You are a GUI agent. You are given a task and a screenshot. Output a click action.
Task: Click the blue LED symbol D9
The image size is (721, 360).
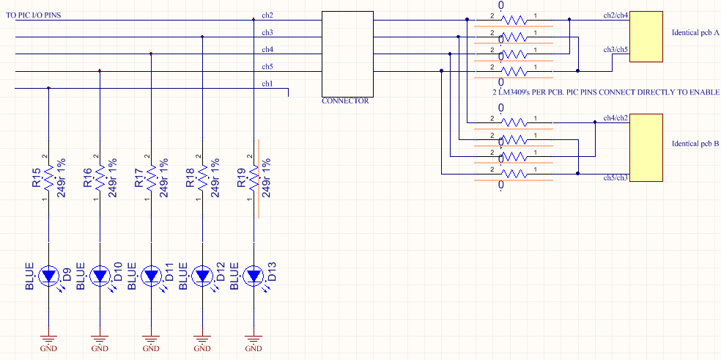(x=49, y=276)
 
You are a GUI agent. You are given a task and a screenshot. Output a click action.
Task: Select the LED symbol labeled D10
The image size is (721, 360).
(x=100, y=276)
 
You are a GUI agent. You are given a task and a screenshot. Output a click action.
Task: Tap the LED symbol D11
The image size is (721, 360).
(x=152, y=276)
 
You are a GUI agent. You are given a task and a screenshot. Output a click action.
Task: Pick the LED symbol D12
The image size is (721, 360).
(x=203, y=276)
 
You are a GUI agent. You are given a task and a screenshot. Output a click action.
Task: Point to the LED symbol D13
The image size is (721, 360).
(x=254, y=276)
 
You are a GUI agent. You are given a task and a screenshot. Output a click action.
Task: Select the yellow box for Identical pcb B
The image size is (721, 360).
(x=645, y=147)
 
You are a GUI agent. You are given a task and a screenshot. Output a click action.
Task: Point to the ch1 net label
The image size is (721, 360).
(x=267, y=84)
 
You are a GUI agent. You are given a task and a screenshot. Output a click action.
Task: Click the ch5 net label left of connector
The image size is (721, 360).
(x=267, y=67)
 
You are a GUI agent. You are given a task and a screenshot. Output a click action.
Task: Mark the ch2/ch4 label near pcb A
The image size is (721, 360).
(x=615, y=15)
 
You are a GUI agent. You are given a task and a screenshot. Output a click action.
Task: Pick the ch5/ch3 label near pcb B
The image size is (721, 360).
(x=615, y=178)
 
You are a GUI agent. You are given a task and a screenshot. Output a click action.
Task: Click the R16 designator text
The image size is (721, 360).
(x=88, y=179)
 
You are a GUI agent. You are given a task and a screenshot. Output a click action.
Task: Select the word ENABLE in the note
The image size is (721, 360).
(x=702, y=93)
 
